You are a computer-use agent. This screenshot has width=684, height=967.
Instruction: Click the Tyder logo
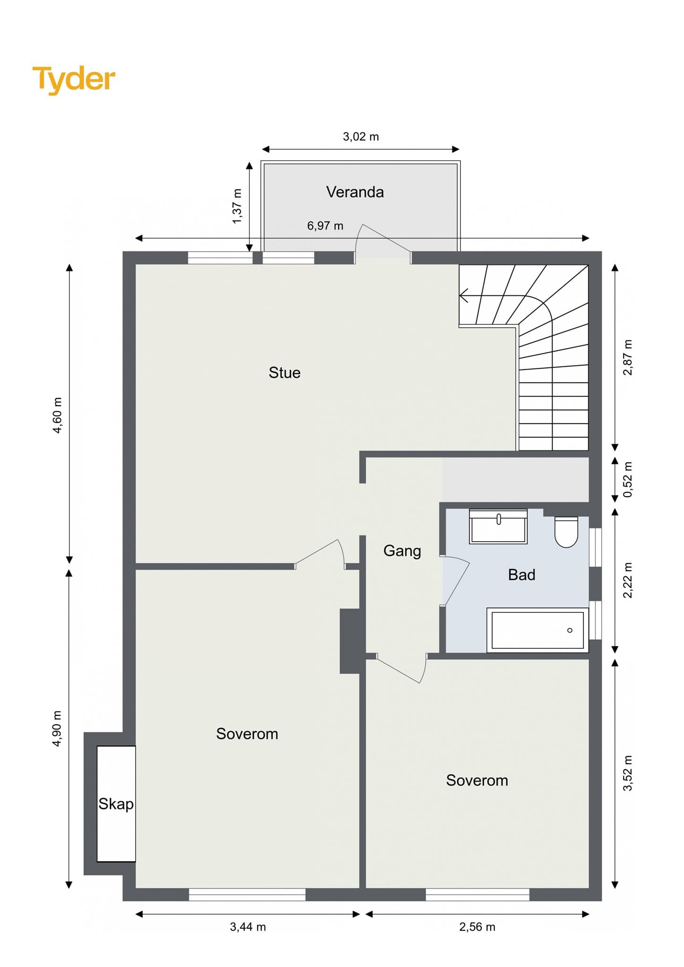pyautogui.click(x=74, y=79)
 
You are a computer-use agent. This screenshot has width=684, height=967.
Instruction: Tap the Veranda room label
pyautogui.click(x=355, y=192)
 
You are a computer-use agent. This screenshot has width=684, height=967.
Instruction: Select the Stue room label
pyautogui.click(x=284, y=373)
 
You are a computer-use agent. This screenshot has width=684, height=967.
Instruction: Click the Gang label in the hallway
pyautogui.click(x=402, y=551)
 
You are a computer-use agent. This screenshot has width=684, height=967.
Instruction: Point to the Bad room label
pyautogui.click(x=522, y=575)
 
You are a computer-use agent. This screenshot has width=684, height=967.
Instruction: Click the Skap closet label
pyautogui.click(x=116, y=804)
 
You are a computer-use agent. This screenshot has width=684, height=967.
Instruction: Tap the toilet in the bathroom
pyautogui.click(x=566, y=532)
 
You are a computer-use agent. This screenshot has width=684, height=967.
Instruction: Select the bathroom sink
pyautogui.click(x=498, y=526)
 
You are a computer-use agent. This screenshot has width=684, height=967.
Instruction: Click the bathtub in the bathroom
pyautogui.click(x=538, y=630)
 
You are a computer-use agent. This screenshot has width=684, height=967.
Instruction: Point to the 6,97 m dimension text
pyautogui.click(x=325, y=226)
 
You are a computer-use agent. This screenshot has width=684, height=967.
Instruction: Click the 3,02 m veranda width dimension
pyautogui.click(x=361, y=136)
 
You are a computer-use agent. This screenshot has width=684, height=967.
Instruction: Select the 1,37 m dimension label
pyautogui.click(x=237, y=206)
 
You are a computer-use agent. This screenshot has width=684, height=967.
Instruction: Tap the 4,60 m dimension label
pyautogui.click(x=57, y=416)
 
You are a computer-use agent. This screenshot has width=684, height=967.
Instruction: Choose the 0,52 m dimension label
pyautogui.click(x=628, y=479)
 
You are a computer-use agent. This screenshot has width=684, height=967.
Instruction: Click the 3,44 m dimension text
pyautogui.click(x=248, y=927)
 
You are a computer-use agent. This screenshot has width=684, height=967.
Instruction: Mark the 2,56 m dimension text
pyautogui.click(x=477, y=927)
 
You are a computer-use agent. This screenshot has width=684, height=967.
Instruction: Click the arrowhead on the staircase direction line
pyautogui.click(x=463, y=296)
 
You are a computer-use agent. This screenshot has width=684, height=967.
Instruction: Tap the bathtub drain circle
pyautogui.click(x=570, y=630)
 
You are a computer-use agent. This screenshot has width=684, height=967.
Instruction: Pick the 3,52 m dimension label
pyautogui.click(x=628, y=773)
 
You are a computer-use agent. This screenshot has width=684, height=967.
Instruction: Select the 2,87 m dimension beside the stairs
pyautogui.click(x=628, y=357)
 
